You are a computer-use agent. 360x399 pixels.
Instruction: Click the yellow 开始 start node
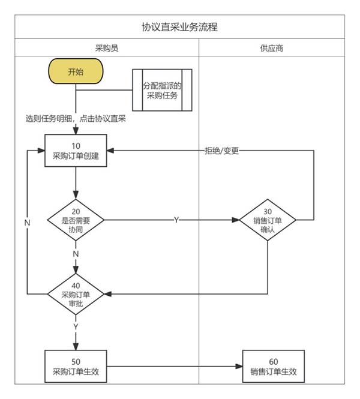(x=76, y=72)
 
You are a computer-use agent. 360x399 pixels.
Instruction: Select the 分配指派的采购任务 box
(x=161, y=90)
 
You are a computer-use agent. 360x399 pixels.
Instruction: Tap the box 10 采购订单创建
(x=76, y=151)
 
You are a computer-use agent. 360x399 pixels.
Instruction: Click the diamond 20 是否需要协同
(x=76, y=220)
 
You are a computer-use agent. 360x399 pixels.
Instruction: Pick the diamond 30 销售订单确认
(x=268, y=220)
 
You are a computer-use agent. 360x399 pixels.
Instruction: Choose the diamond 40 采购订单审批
(x=76, y=294)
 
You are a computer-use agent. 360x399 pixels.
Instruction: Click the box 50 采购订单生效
(x=76, y=366)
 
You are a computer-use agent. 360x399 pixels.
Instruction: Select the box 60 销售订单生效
(x=273, y=366)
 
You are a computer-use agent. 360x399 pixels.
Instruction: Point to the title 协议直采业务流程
(x=179, y=27)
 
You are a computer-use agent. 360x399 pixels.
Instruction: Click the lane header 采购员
(x=106, y=47)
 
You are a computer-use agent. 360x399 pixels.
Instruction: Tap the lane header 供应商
(x=272, y=47)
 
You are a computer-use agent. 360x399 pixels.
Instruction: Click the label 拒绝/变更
(x=221, y=151)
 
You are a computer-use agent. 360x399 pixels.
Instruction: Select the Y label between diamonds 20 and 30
(x=176, y=220)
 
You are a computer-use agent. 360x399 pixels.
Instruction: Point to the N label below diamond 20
(x=76, y=254)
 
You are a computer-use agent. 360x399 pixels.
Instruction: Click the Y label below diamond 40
(x=76, y=327)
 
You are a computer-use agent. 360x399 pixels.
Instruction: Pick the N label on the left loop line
(x=28, y=223)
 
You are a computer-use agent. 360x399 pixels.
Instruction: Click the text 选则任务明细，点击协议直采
(x=75, y=119)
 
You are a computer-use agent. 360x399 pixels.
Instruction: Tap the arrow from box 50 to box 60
(x=174, y=366)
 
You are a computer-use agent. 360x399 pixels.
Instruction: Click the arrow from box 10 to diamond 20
(x=76, y=183)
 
